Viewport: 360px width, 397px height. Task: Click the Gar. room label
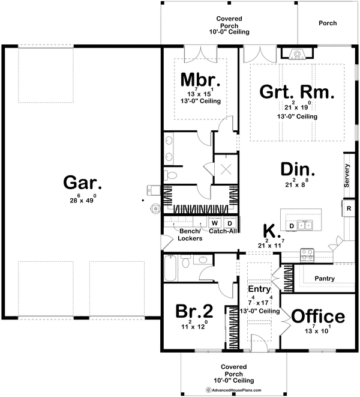78,181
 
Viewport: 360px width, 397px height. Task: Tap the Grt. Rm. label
296,92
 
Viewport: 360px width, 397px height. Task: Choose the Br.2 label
194,311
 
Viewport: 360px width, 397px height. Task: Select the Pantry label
324,279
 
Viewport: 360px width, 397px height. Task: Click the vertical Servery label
347,175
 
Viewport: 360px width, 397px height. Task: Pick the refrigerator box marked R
348,208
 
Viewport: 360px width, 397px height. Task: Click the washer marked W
214,222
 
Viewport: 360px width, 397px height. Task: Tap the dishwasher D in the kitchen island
292,226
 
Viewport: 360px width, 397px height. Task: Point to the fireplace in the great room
297,54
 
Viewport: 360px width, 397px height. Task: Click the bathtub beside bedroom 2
171,268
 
